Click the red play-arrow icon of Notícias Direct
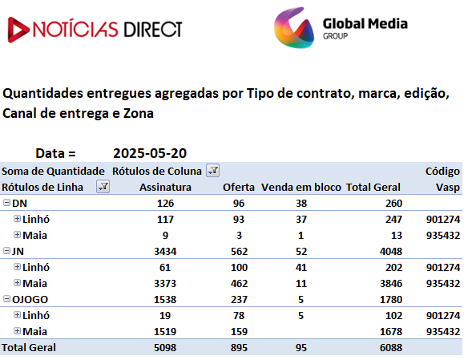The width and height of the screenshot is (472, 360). click(18, 30)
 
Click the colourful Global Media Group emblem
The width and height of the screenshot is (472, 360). click(294, 28)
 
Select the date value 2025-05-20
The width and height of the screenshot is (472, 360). click(150, 153)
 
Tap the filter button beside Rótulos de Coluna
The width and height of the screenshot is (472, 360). click(213, 171)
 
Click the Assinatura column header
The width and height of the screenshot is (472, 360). click(165, 187)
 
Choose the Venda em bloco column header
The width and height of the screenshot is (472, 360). click(301, 187)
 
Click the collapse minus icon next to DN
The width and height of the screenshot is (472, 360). click(6, 202)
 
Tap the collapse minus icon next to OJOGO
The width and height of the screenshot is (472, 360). click(6, 299)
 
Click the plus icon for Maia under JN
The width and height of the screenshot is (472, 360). click(17, 282)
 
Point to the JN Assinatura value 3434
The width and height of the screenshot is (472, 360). click(165, 252)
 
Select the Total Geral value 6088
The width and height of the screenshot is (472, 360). click(391, 348)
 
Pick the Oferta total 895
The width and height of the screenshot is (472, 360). click(239, 348)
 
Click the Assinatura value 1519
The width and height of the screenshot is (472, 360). click(165, 332)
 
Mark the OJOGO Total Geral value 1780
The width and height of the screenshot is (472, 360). click(391, 300)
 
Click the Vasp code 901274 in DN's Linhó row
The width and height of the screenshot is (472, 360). click(443, 220)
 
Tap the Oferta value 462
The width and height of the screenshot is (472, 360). click(239, 284)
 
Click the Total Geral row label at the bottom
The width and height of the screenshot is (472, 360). click(29, 348)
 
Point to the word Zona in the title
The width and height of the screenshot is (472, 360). click(139, 114)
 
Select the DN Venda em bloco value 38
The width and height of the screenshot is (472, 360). click(301, 204)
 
